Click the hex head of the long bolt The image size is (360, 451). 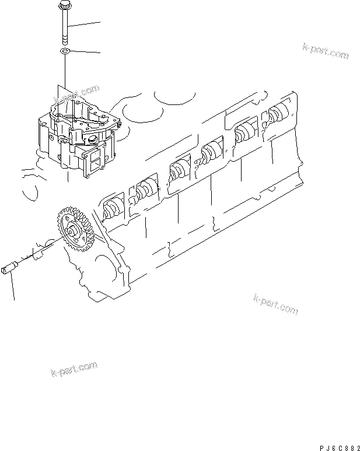[x=63, y=6]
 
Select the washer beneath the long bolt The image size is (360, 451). [x=64, y=53]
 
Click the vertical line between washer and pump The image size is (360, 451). [x=64, y=76]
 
